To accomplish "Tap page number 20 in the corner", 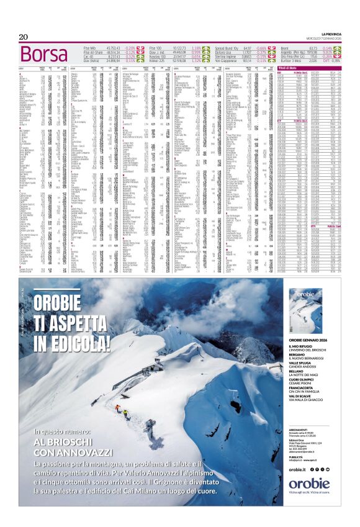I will point(24,37).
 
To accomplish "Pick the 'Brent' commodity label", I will point(286,47).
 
